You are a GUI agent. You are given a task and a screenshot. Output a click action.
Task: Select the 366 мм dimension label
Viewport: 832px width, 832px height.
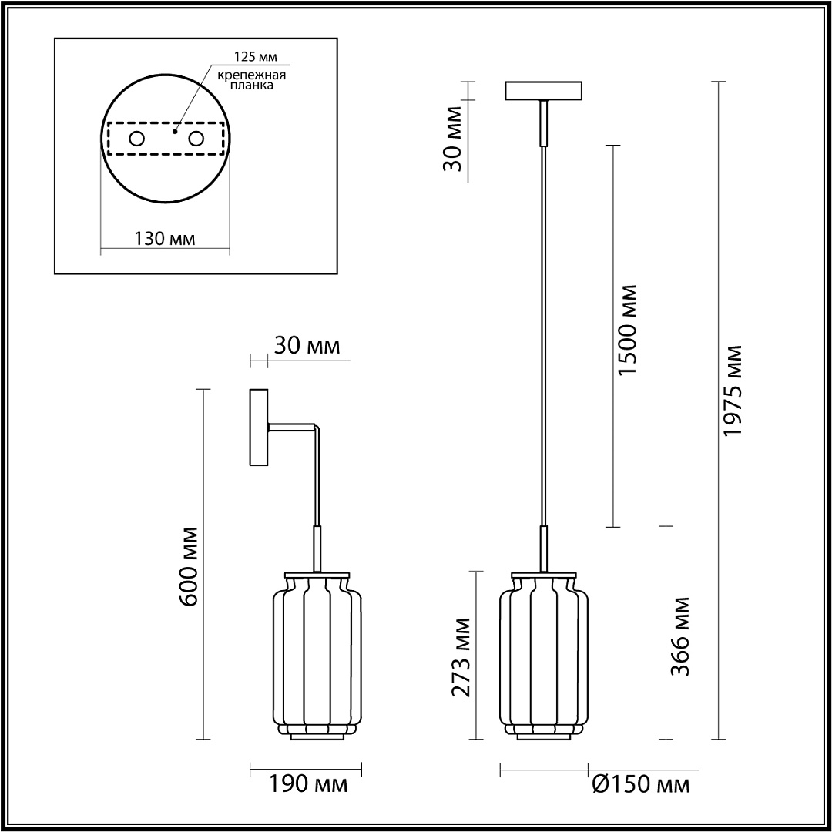[681, 637]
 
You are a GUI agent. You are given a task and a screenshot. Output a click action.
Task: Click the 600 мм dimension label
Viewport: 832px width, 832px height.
[189, 567]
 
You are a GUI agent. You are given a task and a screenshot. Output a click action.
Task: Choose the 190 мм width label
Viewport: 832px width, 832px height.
[309, 784]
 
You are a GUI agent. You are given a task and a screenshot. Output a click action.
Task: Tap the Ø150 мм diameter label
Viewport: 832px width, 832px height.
[641, 784]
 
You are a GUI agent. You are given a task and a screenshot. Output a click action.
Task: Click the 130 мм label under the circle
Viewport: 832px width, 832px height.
[164, 239]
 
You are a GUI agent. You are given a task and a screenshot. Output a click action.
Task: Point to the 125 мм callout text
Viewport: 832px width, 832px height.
[256, 56]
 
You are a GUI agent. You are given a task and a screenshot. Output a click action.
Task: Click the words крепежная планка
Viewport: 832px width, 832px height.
[252, 79]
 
